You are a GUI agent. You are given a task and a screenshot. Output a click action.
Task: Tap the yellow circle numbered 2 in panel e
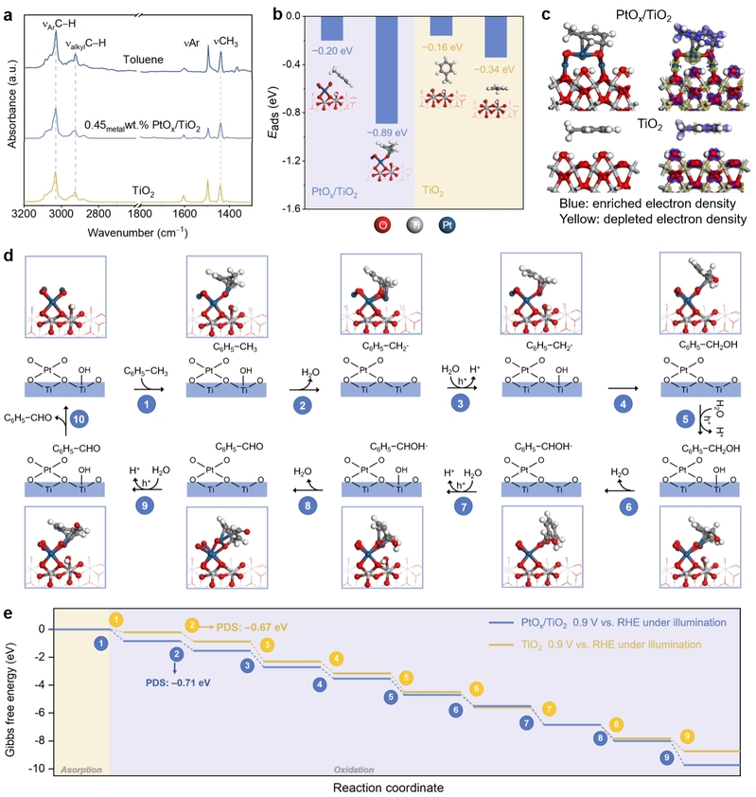pos(192,625)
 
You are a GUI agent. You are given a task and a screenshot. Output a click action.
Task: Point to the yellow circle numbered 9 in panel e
pos(688,735)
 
